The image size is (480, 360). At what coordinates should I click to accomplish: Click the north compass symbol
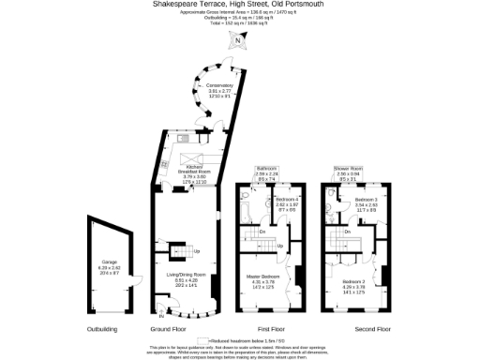239,40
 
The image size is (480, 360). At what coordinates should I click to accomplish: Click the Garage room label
103,266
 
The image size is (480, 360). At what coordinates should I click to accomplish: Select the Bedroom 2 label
353,284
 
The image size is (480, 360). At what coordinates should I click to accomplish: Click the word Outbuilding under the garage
102,330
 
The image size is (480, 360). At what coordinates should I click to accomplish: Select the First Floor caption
270,330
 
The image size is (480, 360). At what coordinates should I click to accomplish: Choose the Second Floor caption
371,330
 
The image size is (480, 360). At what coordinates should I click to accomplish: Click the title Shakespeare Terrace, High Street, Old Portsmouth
241,4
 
